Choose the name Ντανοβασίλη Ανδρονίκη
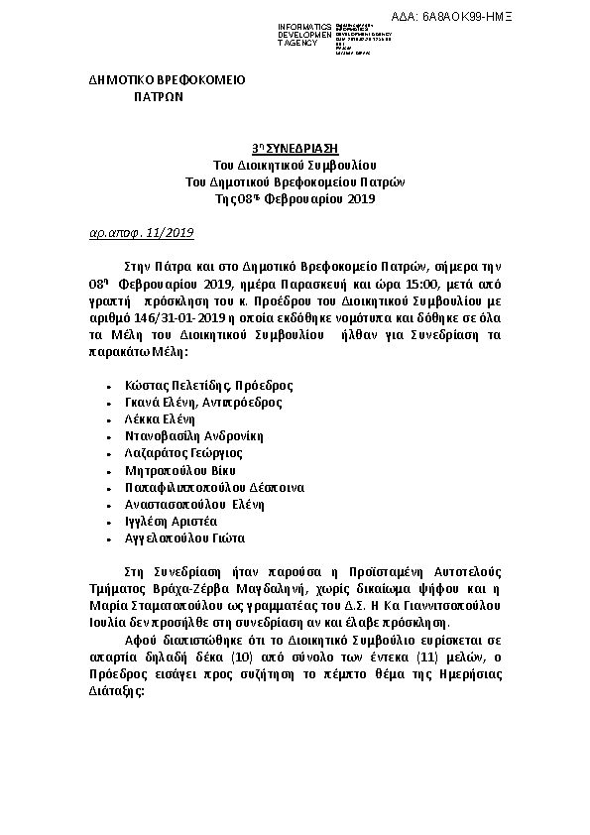[x=193, y=436]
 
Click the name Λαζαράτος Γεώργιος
[x=182, y=453]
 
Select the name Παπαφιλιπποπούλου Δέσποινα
[x=214, y=488]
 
